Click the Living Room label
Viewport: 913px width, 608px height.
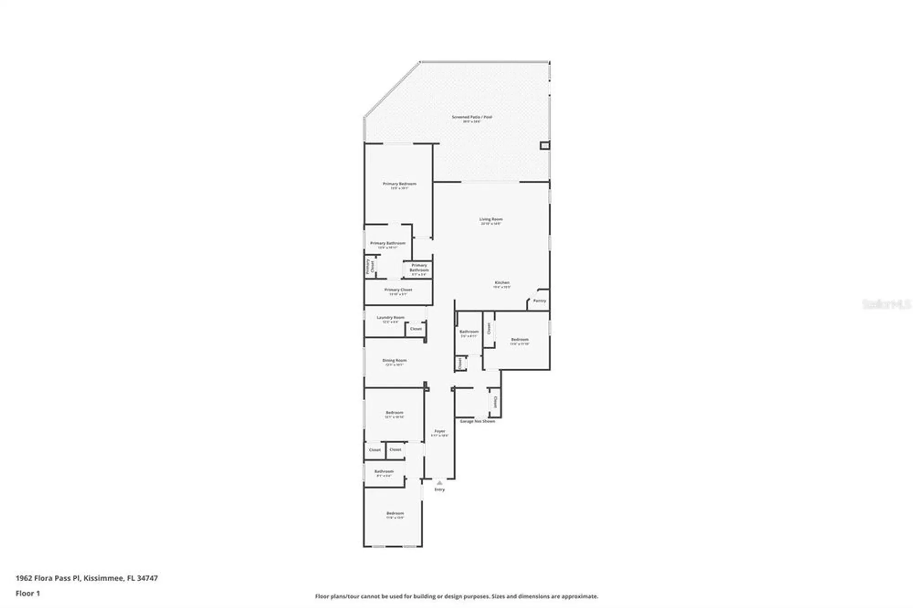[491, 220]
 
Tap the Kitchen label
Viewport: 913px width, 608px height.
[502, 283]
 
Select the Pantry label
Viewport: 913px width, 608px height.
[540, 301]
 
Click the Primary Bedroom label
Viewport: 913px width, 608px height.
[399, 184]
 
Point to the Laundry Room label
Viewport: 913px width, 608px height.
[390, 318]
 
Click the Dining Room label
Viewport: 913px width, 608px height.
[394, 361]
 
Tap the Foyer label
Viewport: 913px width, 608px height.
[440, 431]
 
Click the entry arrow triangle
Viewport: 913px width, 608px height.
[439, 482]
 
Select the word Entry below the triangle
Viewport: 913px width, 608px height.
[439, 490]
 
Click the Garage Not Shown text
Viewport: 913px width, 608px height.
[477, 421]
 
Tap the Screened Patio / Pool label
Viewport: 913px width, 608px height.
[472, 117]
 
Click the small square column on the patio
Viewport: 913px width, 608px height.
[545, 146]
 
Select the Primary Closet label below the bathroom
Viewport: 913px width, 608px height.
[398, 290]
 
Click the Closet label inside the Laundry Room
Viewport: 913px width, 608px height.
[416, 329]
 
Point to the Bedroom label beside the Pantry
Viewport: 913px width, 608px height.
[519, 340]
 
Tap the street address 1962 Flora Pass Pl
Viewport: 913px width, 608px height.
[48, 578]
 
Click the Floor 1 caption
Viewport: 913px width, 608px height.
[28, 593]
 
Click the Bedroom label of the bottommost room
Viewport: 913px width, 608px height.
[395, 514]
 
